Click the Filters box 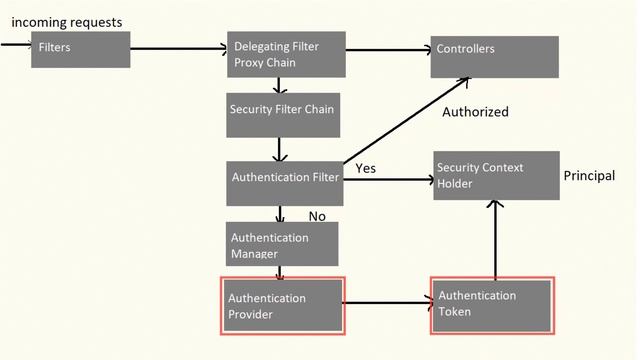tap(80, 49)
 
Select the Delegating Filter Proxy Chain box tap(286, 55)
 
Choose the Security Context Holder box tap(495, 176)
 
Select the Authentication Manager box tap(282, 244)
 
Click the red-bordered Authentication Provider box tap(282, 305)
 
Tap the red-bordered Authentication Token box tap(491, 305)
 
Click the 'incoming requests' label tap(66, 22)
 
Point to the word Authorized tap(475, 112)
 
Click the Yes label tap(366, 168)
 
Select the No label tap(317, 216)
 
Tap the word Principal tap(589, 176)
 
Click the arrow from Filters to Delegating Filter tap(180, 48)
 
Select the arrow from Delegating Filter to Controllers tap(390, 48)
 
